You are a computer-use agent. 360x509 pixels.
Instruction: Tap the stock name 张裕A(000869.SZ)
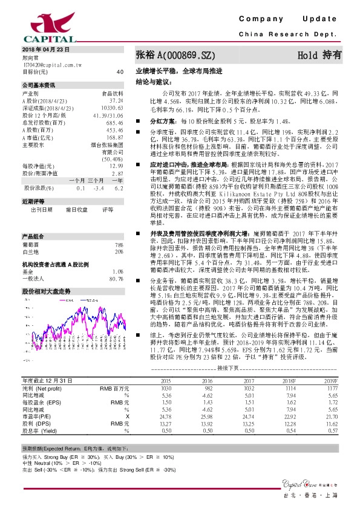pyautogui.click(x=175, y=55)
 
